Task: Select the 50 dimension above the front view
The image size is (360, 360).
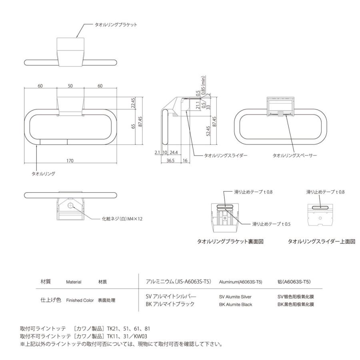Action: click(70, 86)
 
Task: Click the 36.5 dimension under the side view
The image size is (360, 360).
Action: click(170, 160)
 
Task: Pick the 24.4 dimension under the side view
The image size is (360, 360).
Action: click(174, 152)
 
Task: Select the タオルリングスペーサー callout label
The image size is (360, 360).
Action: click(294, 155)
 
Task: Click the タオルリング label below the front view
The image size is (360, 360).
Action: click(43, 174)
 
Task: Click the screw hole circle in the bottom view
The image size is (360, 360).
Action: click(70, 206)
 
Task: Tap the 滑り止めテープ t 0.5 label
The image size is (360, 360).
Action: click(271, 224)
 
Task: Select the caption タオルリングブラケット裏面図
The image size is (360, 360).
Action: click(230, 242)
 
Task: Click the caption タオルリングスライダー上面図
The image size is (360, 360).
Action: click(322, 242)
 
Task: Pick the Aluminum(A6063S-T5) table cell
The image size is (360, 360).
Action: click(240, 282)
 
